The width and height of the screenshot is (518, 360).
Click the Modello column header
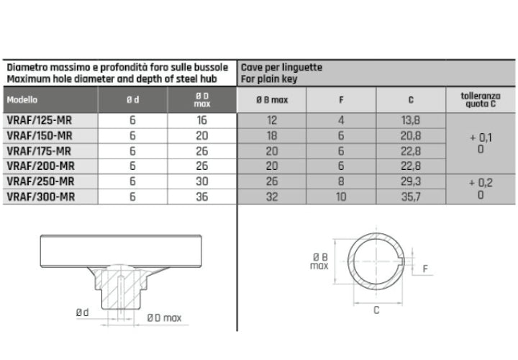22,99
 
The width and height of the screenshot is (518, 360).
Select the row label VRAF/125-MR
40,120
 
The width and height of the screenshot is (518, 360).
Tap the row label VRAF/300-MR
40,197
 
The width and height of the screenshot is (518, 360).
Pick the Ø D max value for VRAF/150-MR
202,135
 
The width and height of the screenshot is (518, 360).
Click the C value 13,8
411,120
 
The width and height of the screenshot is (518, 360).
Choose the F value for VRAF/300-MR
341,197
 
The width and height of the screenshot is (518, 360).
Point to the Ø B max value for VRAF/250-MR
272,181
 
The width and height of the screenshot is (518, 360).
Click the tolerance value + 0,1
481,138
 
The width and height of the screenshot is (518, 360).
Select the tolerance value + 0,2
481,183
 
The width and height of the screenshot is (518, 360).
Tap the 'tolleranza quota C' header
481,100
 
